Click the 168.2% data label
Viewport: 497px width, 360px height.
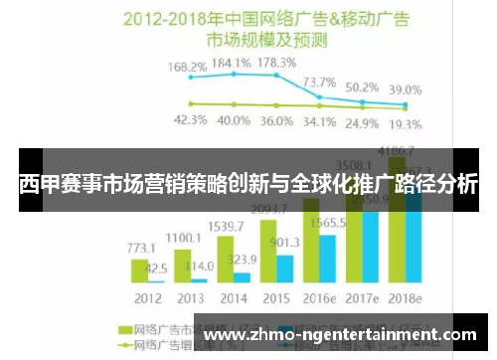coord(187,67)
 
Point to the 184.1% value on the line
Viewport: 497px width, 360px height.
coord(230,61)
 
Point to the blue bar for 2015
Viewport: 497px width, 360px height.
coord(283,269)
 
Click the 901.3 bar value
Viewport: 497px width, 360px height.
coord(285,242)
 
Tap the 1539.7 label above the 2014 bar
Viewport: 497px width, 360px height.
coord(226,227)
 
